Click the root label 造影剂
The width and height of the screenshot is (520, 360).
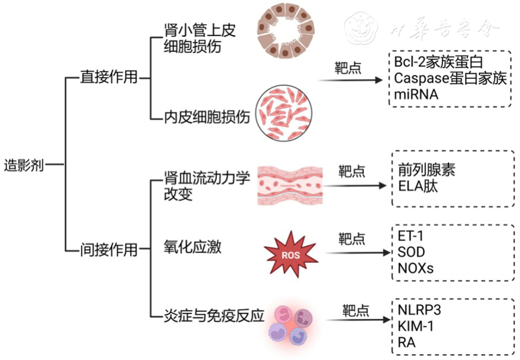tap(24, 164)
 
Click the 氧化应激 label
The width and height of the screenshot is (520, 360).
tap(192, 247)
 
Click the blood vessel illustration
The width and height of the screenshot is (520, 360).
tap(290, 185)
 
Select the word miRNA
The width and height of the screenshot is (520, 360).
tap(416, 94)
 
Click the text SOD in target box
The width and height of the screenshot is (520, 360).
tap(410, 252)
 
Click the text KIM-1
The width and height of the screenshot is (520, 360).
tap(415, 326)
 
